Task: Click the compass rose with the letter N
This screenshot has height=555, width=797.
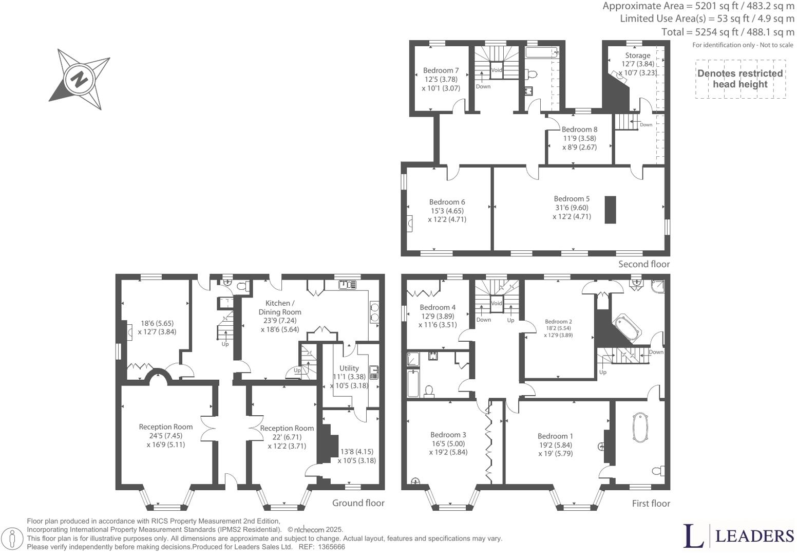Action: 79,80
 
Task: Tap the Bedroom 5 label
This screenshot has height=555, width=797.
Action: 572,199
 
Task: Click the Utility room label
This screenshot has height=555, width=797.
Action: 349,368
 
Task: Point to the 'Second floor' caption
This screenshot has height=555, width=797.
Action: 643,264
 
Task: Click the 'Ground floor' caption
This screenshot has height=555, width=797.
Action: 358,503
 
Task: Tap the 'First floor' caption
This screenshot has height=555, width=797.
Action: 651,504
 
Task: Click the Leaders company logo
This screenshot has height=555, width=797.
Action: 738,536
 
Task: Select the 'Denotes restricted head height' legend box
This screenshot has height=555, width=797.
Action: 740,79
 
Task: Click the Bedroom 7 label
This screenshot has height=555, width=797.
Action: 441,70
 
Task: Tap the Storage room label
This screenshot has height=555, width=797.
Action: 637,55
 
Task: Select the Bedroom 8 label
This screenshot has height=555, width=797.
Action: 579,129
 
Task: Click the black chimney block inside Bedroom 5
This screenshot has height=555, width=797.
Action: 610,210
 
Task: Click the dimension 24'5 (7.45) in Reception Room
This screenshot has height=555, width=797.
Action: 166,436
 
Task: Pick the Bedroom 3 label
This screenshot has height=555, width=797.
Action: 448,435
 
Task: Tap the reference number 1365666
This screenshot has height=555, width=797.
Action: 331,547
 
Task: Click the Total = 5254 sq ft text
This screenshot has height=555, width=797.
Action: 727,32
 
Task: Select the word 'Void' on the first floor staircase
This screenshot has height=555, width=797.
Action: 496,304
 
